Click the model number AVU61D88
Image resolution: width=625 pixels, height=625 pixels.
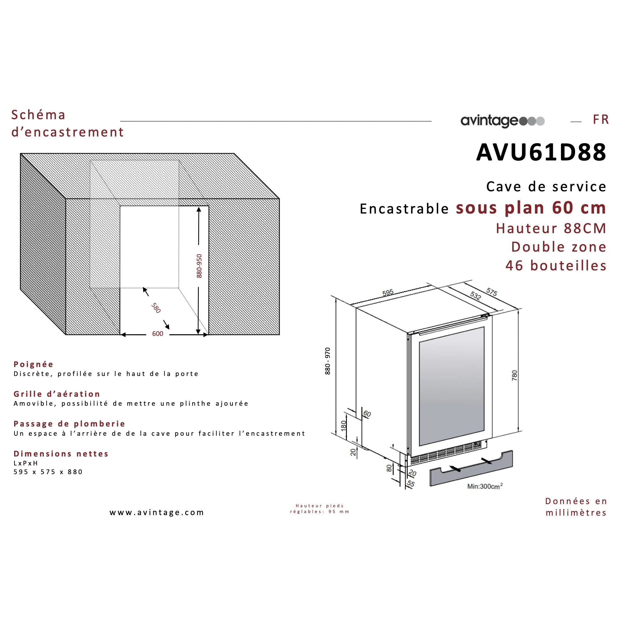point(541,152)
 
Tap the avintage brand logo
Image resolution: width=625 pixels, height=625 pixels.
point(502,121)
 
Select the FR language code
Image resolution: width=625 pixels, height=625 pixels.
point(601,120)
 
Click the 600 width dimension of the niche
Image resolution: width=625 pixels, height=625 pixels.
point(158,334)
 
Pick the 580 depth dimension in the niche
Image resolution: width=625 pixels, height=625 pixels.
point(156,308)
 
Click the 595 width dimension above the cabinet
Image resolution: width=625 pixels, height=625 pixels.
point(388,293)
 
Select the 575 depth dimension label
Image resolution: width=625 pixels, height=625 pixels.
point(491,292)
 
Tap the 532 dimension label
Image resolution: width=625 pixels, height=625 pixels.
point(475,296)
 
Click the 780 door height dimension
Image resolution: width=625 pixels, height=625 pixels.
point(515,375)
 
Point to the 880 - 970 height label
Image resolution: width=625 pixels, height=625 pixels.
point(328,361)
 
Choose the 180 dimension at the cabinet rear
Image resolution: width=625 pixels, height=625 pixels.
point(344,425)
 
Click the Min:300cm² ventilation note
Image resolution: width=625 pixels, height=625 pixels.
point(484,486)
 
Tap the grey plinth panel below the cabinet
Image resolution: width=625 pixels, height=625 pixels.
point(471,469)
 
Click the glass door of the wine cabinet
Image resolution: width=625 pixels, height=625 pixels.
point(452,385)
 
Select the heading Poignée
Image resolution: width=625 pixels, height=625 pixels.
point(33,364)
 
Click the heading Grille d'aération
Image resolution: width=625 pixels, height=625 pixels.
point(57,394)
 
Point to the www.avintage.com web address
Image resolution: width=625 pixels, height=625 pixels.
point(157,512)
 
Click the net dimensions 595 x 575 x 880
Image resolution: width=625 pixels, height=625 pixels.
point(48,472)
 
